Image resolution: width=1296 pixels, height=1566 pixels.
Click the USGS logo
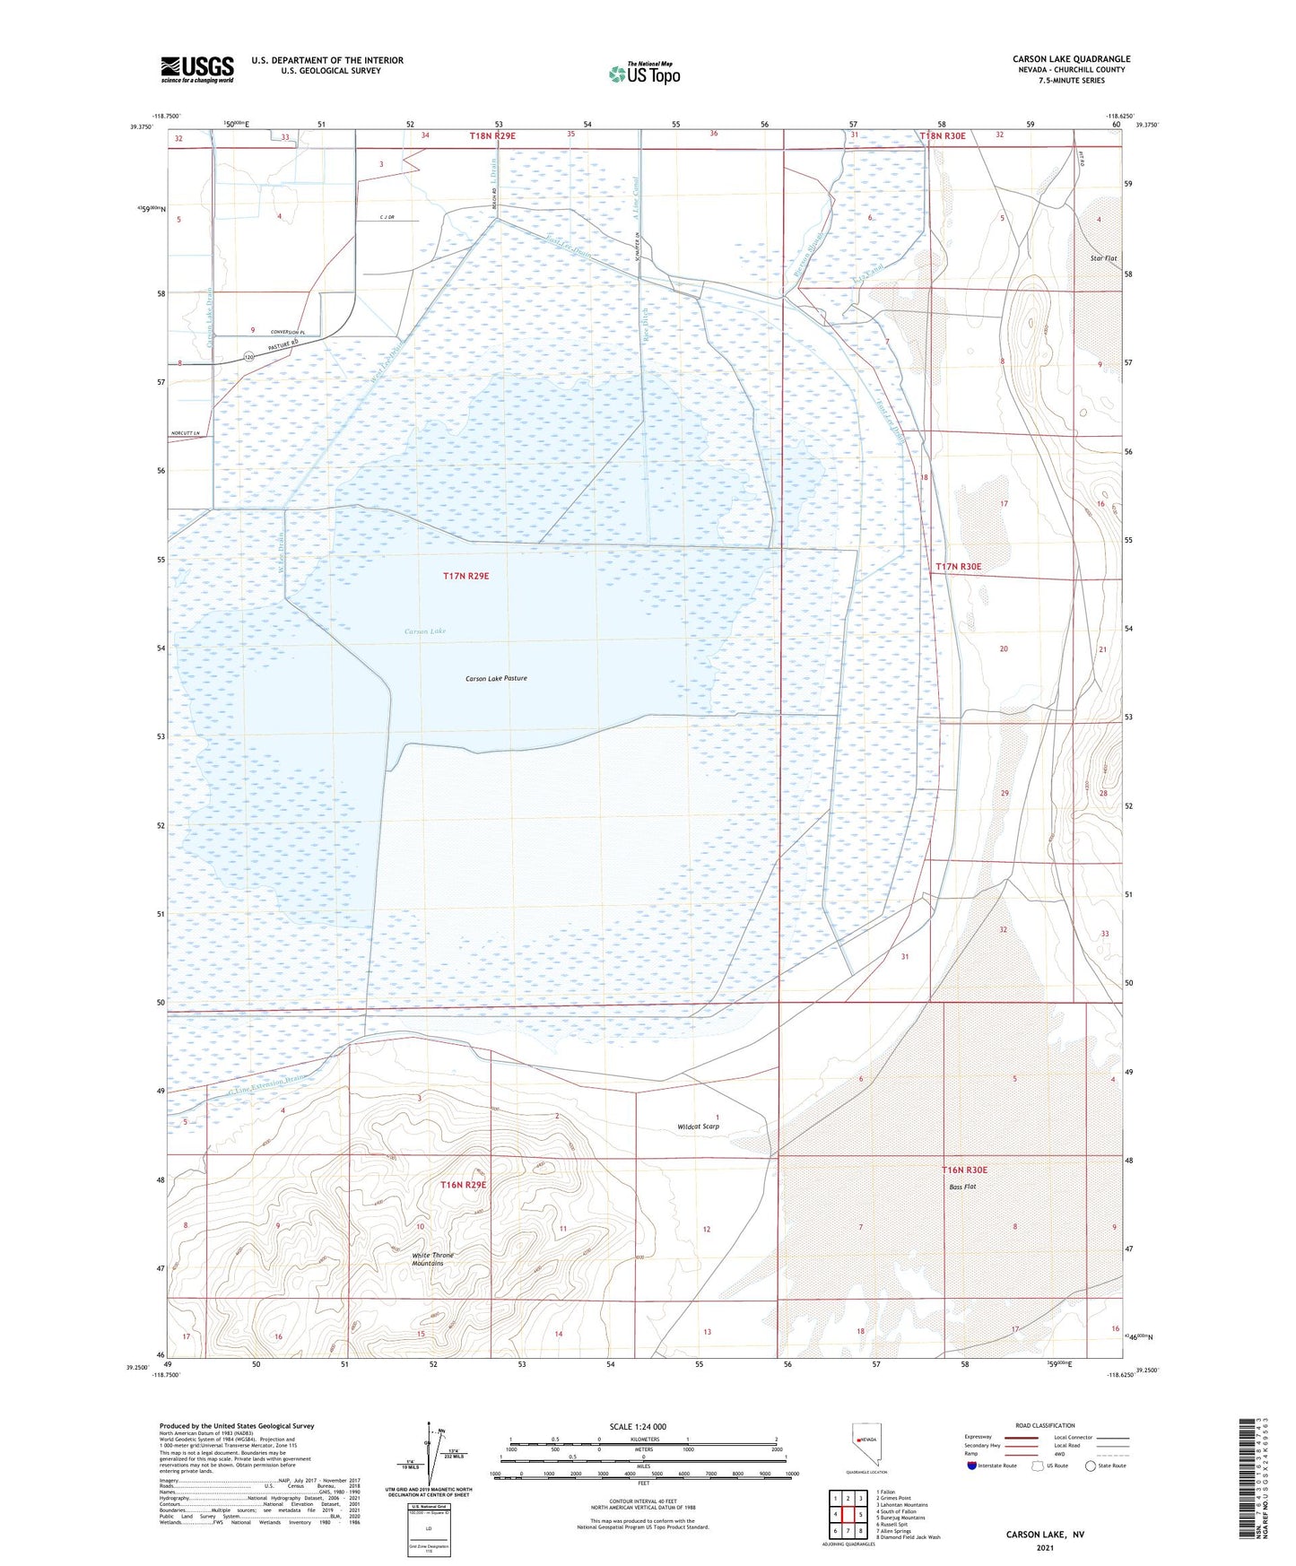(197, 68)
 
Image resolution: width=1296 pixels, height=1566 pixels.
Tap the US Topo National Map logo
(644, 73)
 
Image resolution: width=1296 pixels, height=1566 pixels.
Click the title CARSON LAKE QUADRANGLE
(1072, 59)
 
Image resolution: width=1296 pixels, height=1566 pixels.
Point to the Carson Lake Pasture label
(496, 678)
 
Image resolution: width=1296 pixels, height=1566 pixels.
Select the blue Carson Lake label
(425, 631)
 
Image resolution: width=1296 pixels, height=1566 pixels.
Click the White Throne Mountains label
(432, 1259)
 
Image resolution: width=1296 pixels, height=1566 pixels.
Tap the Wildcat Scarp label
(699, 1127)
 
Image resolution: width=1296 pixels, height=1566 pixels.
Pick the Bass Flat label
(962, 1187)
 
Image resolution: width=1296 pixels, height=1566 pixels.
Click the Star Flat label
(1104, 258)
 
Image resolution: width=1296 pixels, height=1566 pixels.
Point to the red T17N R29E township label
(465, 576)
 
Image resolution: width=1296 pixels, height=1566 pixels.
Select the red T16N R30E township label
(964, 1170)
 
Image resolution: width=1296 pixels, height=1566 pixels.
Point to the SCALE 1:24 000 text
(638, 1426)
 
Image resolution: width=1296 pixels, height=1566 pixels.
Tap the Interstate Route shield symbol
(972, 1466)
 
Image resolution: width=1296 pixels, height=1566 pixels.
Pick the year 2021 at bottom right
(1045, 1548)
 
